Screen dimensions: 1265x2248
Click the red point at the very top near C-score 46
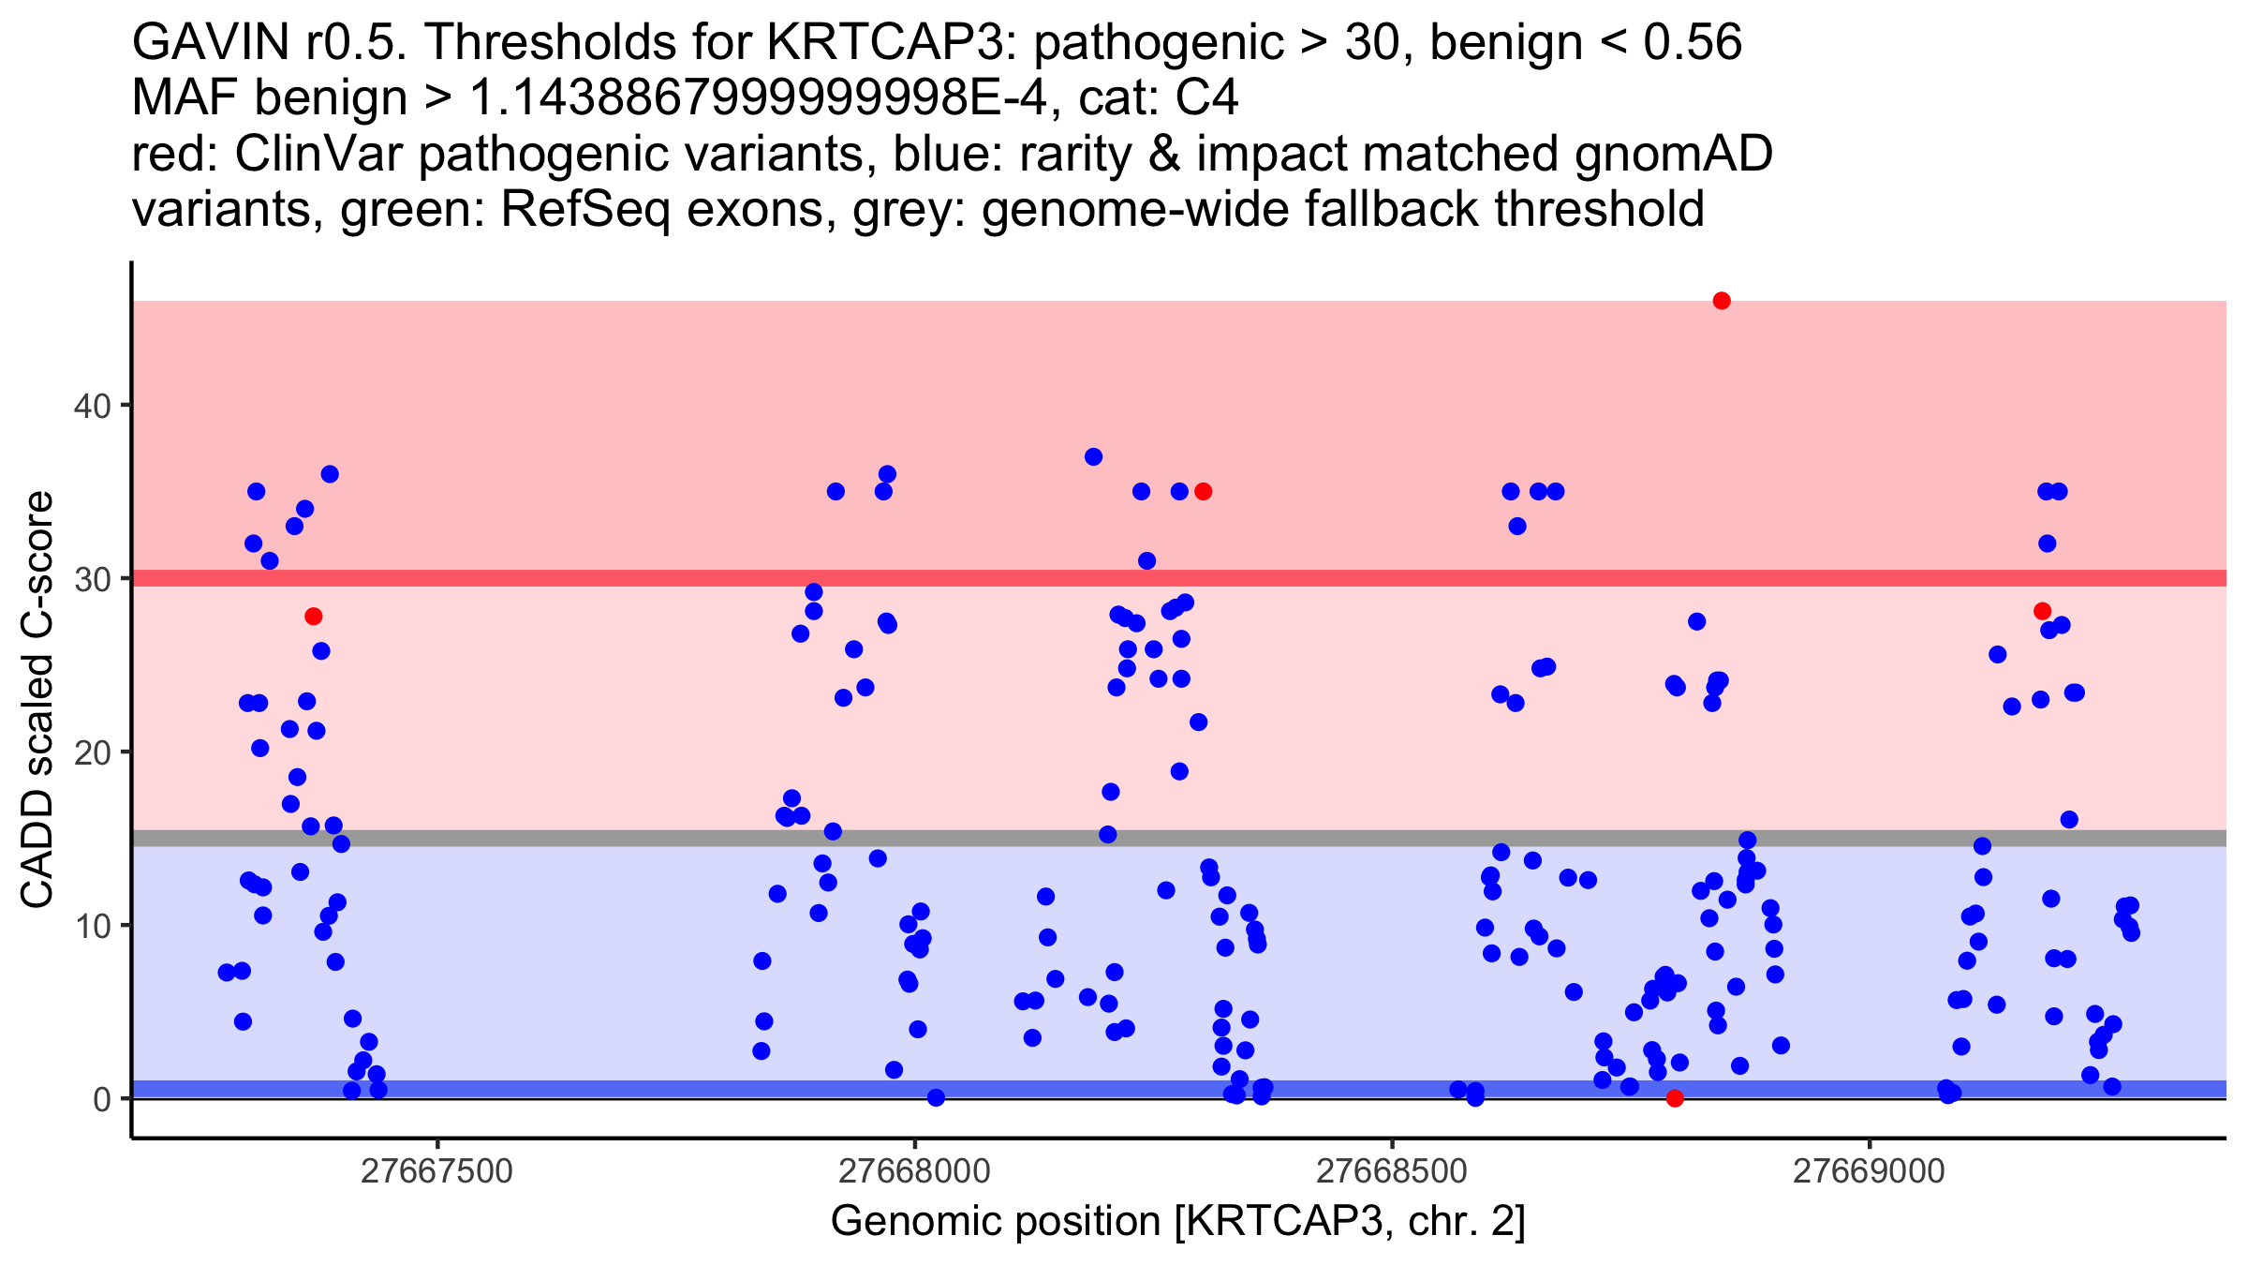point(1722,301)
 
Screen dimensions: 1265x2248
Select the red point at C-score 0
point(1675,1098)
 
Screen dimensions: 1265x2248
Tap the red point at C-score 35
point(1204,492)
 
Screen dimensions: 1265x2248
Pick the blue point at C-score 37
point(1093,457)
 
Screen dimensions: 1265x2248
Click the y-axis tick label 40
point(92,406)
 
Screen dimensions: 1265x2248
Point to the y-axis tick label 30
point(92,579)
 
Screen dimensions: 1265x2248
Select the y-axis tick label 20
point(92,752)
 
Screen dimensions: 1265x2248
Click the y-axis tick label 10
point(92,926)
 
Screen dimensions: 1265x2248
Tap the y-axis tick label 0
point(102,1099)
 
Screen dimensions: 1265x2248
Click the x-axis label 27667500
point(436,1171)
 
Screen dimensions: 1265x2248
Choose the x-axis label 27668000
point(914,1171)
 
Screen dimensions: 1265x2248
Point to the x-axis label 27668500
point(1392,1171)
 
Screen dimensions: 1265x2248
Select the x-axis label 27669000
point(1870,1171)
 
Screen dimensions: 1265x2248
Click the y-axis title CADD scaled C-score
point(37,700)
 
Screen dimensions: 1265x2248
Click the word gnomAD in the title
point(1673,154)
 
